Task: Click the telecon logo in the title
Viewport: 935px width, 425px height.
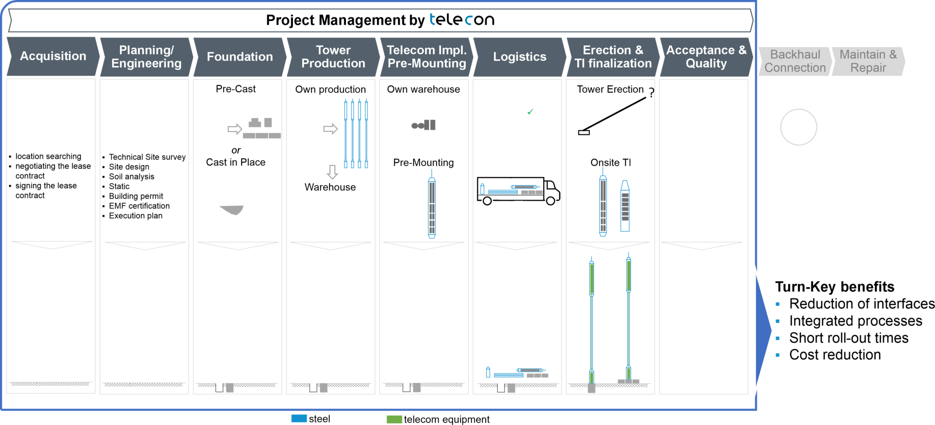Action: (462, 20)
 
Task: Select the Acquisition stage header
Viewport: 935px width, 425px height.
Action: (53, 56)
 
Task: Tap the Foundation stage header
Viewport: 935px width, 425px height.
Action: (240, 57)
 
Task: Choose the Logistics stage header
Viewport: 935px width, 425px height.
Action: (520, 57)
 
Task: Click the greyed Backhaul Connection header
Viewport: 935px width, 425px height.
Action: (795, 61)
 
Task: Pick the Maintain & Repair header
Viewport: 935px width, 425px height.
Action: (868, 61)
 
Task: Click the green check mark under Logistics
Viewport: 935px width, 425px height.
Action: (530, 111)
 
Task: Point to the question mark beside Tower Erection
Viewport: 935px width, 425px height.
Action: (651, 92)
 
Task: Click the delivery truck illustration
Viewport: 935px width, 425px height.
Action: (518, 191)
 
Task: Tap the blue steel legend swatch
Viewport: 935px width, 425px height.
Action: (299, 419)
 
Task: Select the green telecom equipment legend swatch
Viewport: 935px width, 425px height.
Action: (394, 419)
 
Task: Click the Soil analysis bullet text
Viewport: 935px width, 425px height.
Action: (131, 177)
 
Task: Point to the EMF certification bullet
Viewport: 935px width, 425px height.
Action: (139, 206)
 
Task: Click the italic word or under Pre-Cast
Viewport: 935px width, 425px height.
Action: (236, 150)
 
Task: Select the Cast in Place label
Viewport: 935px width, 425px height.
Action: (236, 162)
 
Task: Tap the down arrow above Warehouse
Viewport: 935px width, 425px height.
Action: (332, 172)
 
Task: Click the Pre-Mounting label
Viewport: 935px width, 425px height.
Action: (424, 163)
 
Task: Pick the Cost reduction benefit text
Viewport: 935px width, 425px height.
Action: (835, 355)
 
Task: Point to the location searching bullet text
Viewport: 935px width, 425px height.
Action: (48, 156)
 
